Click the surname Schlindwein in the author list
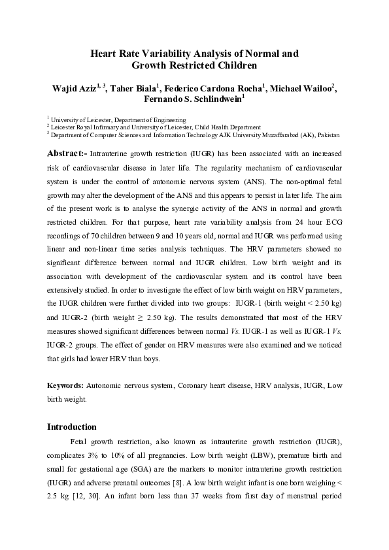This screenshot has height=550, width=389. coord(216,99)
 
